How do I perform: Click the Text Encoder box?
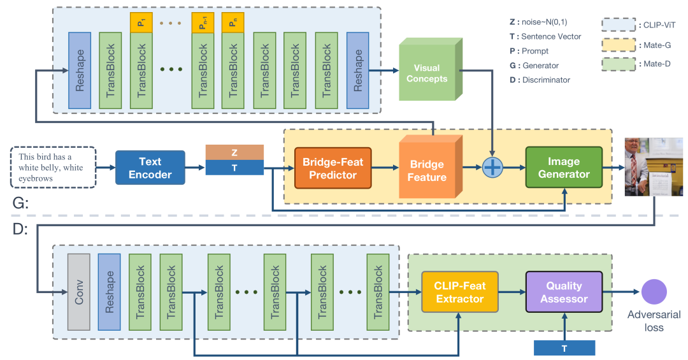click(x=150, y=168)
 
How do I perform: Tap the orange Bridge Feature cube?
click(x=427, y=169)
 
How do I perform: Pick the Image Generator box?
click(x=563, y=168)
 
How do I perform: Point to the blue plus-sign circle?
click(x=494, y=168)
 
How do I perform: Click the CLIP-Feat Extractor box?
click(x=460, y=292)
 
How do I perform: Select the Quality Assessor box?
click(x=563, y=292)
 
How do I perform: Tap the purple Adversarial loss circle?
click(x=654, y=292)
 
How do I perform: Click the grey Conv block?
click(x=80, y=292)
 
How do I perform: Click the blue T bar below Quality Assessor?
click(x=564, y=348)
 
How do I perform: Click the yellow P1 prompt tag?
click(x=141, y=23)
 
